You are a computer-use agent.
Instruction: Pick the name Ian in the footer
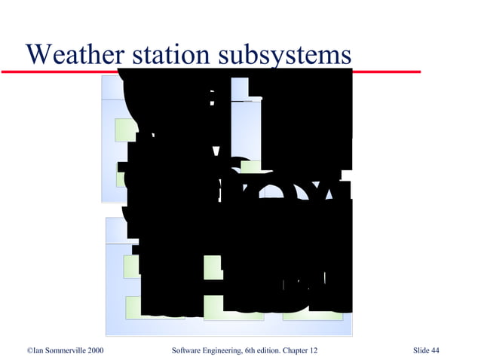tap(38, 350)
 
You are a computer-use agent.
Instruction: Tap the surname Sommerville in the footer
tap(66, 350)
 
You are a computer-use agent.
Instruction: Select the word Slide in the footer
tap(421, 350)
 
